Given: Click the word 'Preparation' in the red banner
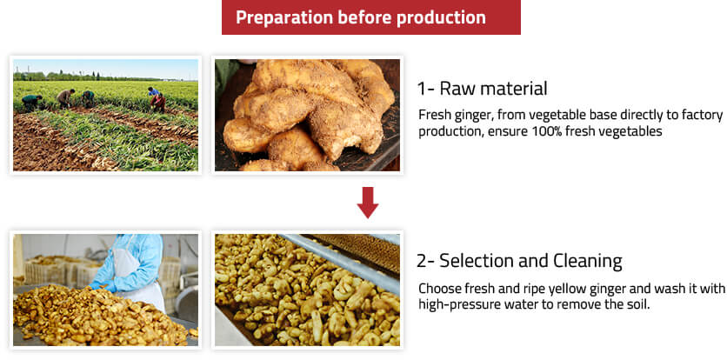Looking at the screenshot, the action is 283,17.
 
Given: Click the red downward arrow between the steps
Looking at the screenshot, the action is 368,203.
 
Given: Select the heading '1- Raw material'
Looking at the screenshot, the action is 482,88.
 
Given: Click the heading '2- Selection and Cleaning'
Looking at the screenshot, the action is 520,261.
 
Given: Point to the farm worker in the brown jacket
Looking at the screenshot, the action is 65,98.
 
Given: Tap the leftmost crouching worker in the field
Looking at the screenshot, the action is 31,102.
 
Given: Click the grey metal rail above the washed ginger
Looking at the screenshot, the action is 343,265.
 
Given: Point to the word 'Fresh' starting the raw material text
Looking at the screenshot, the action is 435,115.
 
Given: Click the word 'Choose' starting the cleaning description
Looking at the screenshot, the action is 437,289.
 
